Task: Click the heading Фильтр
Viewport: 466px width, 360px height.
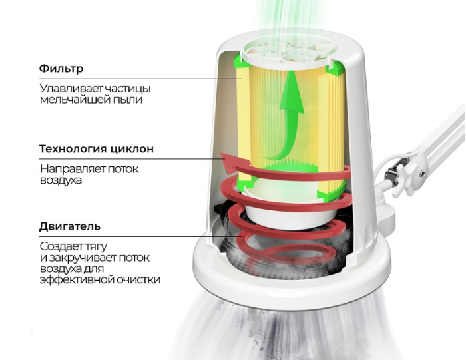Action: (61, 69)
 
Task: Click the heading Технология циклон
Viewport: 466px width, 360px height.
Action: (97, 148)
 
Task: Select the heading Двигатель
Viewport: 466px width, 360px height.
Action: (70, 227)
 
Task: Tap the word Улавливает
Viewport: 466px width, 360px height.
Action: (71, 89)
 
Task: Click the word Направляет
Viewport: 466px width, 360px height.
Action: (72, 169)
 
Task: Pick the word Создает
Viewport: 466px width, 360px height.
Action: (59, 246)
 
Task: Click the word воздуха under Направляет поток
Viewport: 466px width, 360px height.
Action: (61, 181)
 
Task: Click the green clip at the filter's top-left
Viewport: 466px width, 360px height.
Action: (242, 61)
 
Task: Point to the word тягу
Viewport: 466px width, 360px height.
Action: (94, 247)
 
